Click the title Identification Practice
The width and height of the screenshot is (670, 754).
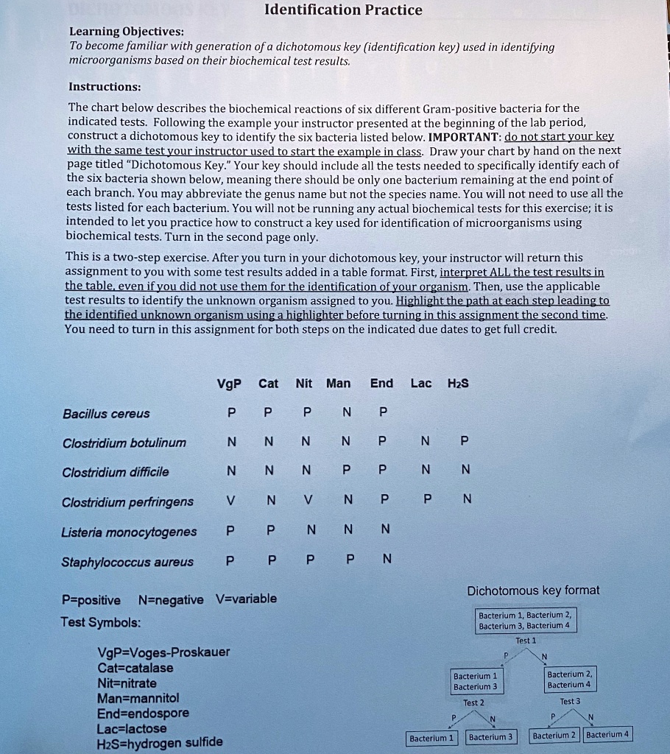[343, 10]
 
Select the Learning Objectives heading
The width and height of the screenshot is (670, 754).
[127, 32]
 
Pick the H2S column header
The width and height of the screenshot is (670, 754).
[458, 384]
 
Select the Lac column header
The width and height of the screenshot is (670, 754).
[421, 384]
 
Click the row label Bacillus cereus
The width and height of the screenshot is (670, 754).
[106, 414]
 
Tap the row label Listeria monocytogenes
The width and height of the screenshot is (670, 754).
[130, 532]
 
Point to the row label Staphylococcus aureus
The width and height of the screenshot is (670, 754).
[128, 563]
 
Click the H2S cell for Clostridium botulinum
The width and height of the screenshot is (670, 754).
[462, 443]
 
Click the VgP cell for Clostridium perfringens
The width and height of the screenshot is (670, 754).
[231, 501]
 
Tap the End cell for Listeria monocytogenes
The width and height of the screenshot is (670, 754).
[383, 529]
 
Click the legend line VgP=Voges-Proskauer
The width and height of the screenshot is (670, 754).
[163, 652]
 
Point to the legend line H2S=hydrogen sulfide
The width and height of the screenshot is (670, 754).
[159, 741]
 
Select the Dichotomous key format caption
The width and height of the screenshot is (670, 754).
[533, 591]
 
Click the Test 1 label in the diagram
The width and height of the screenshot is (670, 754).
[526, 641]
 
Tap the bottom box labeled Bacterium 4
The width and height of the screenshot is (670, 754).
[607, 735]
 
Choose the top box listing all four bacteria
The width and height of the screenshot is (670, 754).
[524, 620]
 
